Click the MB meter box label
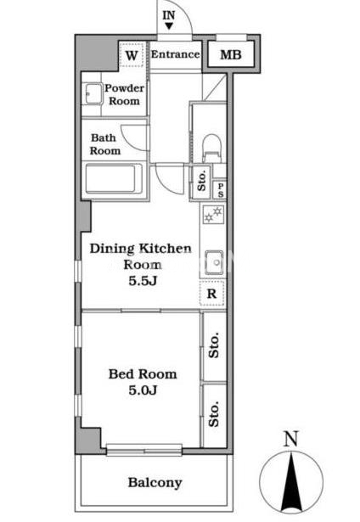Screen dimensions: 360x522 (231, 54)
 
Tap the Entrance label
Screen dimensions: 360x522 (176, 54)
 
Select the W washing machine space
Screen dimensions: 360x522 (132, 55)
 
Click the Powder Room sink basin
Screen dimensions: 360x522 (93, 94)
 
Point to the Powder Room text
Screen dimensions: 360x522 (124, 94)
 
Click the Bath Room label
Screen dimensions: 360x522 (104, 144)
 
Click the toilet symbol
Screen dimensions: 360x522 (211, 149)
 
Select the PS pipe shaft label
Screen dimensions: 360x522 (221, 190)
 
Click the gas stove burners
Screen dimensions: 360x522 (213, 214)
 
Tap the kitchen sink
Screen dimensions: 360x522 (214, 262)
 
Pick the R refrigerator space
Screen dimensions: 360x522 (212, 294)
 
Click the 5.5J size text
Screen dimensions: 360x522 (143, 281)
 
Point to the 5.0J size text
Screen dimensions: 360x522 (143, 390)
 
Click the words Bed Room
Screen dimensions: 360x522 (143, 373)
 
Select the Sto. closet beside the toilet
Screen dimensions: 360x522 (201, 182)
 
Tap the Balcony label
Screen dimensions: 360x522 (155, 483)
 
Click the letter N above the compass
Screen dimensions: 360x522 (290, 439)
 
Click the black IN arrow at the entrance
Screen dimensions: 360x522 (169, 26)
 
